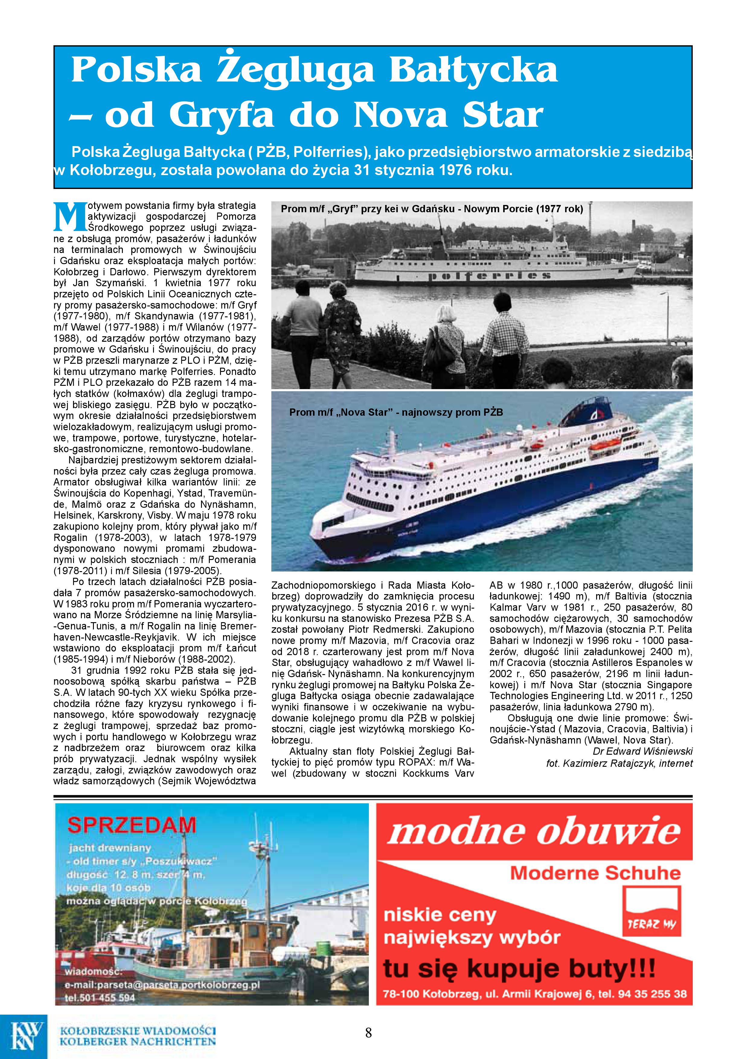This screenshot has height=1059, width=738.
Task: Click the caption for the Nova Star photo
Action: (396, 412)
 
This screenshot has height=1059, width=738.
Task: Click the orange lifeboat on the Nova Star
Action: (604, 445)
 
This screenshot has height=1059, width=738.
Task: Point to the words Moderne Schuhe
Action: (595, 873)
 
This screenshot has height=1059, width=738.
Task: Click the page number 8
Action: (368, 1032)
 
